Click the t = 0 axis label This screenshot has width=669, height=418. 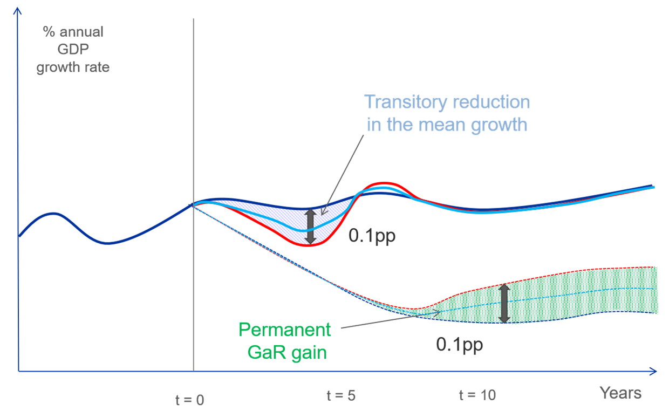point(190,400)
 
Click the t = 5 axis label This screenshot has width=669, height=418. point(340,395)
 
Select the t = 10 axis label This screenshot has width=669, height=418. point(477,395)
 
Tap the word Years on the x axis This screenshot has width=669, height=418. point(620,393)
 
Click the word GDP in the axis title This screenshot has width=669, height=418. point(73,50)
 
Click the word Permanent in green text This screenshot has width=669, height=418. point(284,330)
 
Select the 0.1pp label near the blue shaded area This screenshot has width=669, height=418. point(372,236)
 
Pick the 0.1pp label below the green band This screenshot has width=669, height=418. point(459,345)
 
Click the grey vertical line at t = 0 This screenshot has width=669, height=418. point(193,108)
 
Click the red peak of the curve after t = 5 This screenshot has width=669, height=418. point(384,182)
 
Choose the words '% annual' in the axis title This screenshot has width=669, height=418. point(73,32)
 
